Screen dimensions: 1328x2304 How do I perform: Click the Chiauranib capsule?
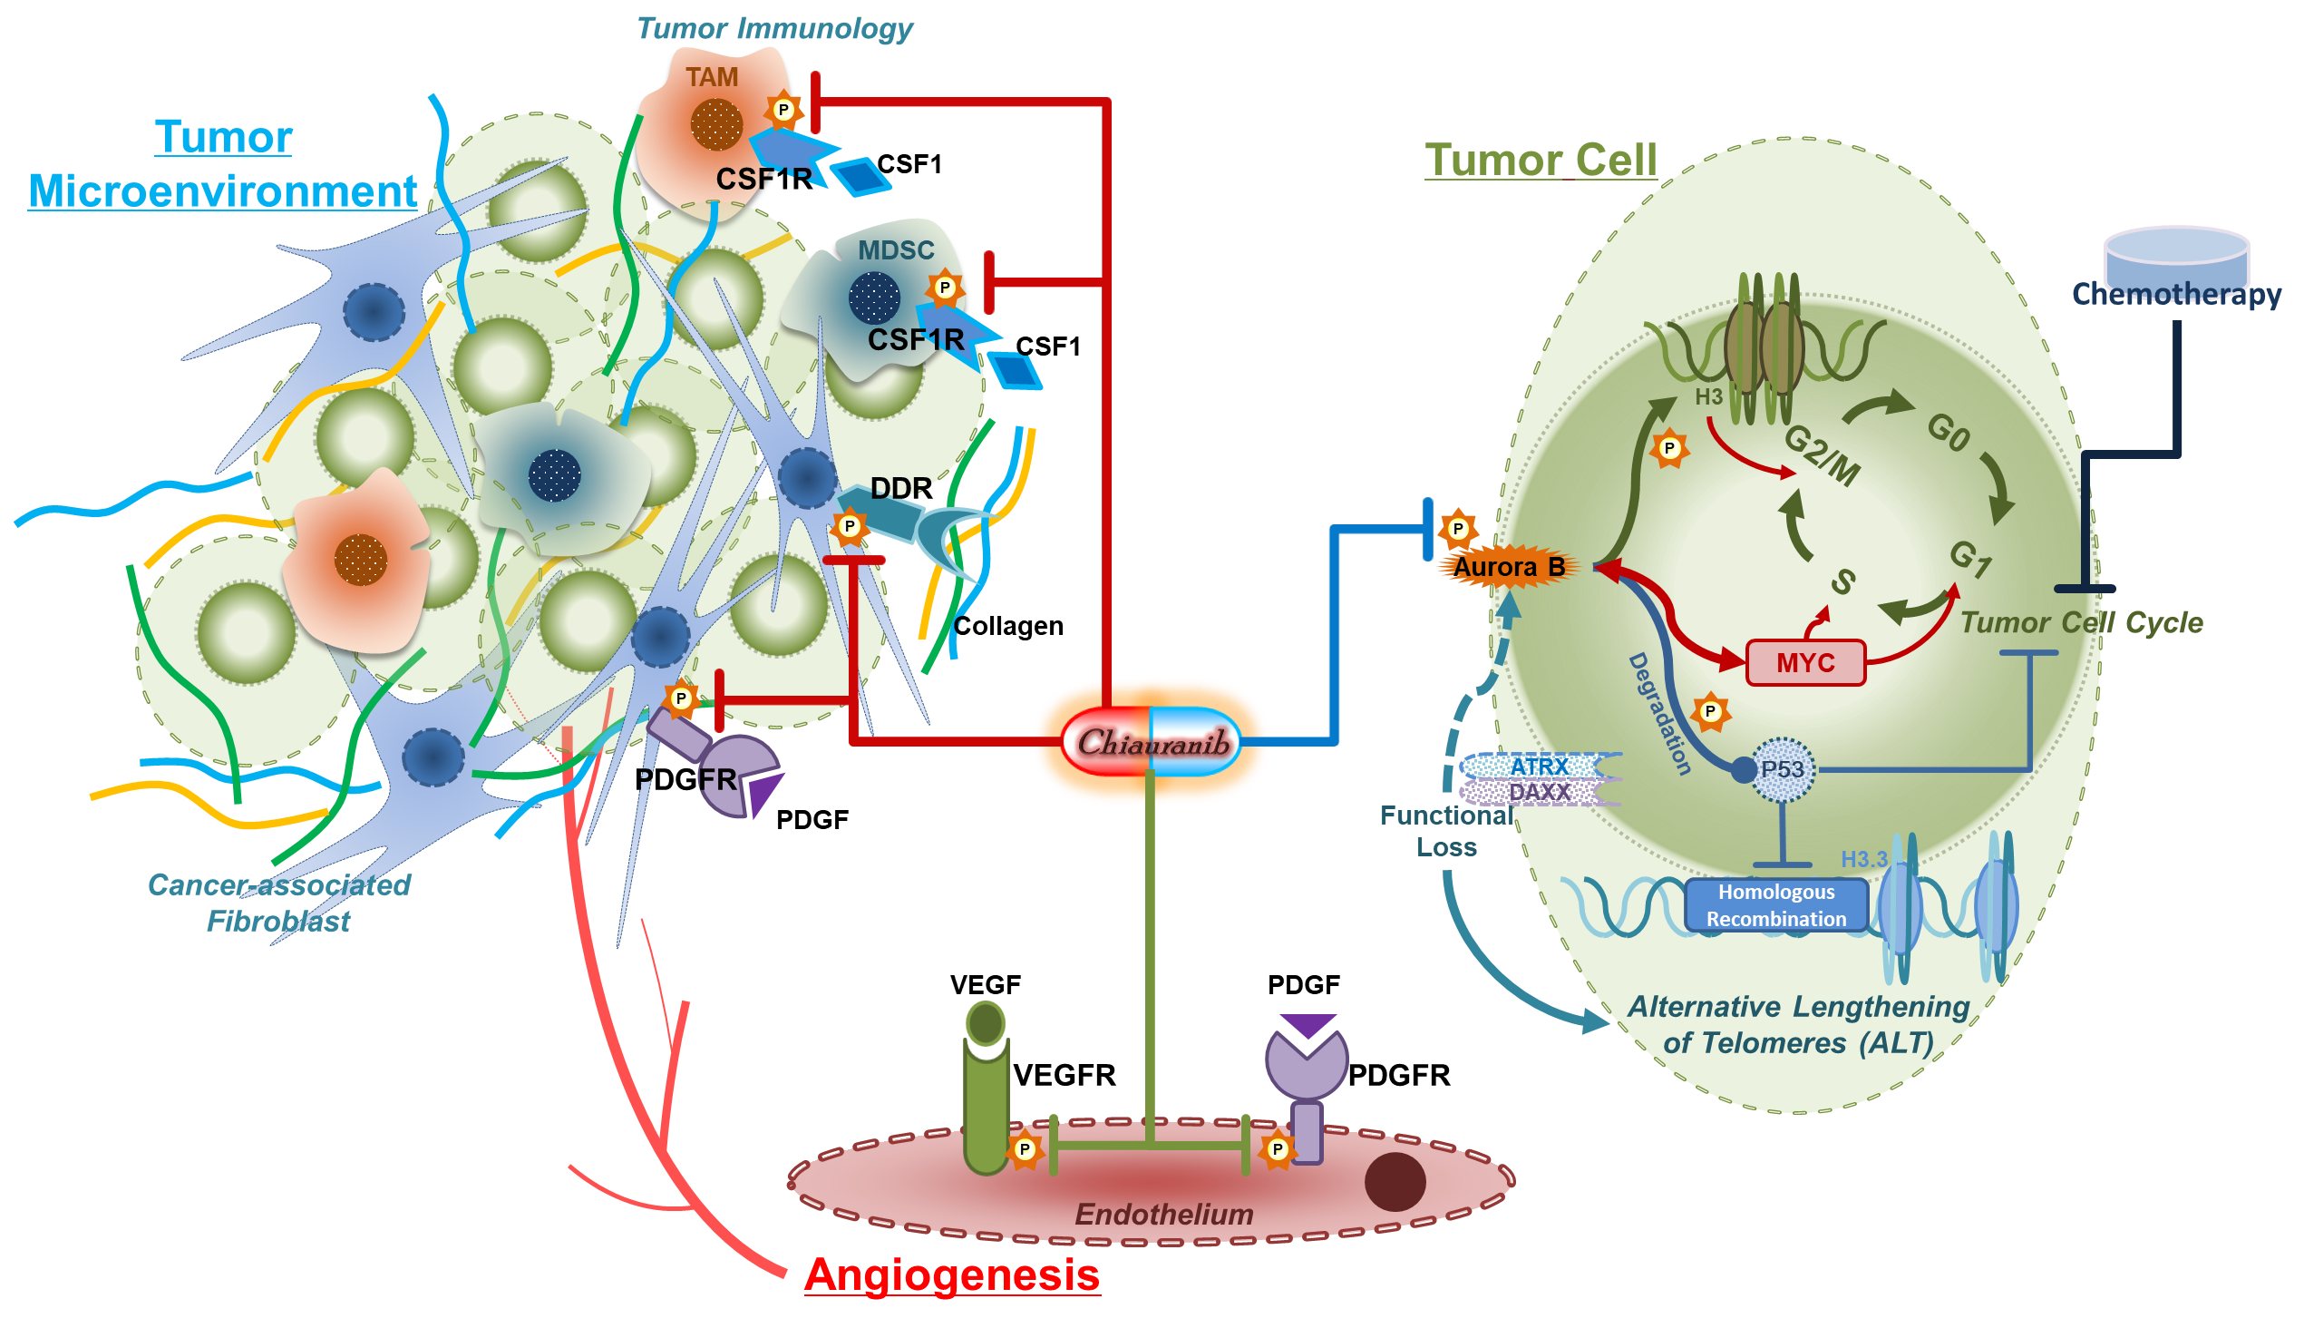1151,741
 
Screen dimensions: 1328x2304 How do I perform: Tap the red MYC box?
1804,662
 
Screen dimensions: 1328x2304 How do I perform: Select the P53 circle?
1783,770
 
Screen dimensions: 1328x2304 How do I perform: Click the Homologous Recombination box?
1775,904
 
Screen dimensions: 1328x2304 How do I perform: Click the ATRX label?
1539,766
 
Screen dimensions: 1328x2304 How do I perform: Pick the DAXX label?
1539,792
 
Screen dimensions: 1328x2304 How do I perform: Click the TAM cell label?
712,77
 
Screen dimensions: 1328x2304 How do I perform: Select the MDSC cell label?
895,251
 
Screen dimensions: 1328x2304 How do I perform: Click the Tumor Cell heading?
1540,161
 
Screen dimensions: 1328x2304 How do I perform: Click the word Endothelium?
1163,1214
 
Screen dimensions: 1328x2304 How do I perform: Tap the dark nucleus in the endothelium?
1394,1182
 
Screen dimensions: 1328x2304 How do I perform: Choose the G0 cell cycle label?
1948,432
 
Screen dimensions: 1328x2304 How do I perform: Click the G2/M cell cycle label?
1821,454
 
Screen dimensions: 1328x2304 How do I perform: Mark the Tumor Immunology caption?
774,28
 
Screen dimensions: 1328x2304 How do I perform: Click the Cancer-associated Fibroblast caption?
279,902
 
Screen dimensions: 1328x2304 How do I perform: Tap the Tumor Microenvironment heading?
222,164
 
